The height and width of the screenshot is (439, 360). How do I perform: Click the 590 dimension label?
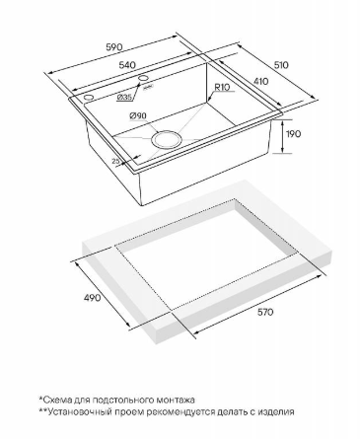click(114, 47)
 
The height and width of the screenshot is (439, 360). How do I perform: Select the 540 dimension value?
click(127, 65)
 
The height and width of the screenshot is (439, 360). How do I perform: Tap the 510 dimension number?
click(280, 65)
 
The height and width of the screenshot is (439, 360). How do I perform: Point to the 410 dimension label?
click(260, 81)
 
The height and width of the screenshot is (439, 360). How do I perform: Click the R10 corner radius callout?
click(223, 87)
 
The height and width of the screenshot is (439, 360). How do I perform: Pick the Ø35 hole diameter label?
click(124, 97)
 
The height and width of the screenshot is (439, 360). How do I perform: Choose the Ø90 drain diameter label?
click(138, 115)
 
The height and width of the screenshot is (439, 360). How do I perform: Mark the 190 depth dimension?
click(293, 134)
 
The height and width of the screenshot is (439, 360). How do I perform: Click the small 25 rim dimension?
click(115, 161)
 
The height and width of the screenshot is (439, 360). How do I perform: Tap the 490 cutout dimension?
click(92, 298)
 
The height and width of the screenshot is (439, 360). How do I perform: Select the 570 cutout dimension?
click(265, 312)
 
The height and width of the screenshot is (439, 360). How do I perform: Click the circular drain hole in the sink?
click(167, 139)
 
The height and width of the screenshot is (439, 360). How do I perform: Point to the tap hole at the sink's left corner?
click(89, 98)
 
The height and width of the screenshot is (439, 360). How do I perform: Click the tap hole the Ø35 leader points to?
click(143, 78)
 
